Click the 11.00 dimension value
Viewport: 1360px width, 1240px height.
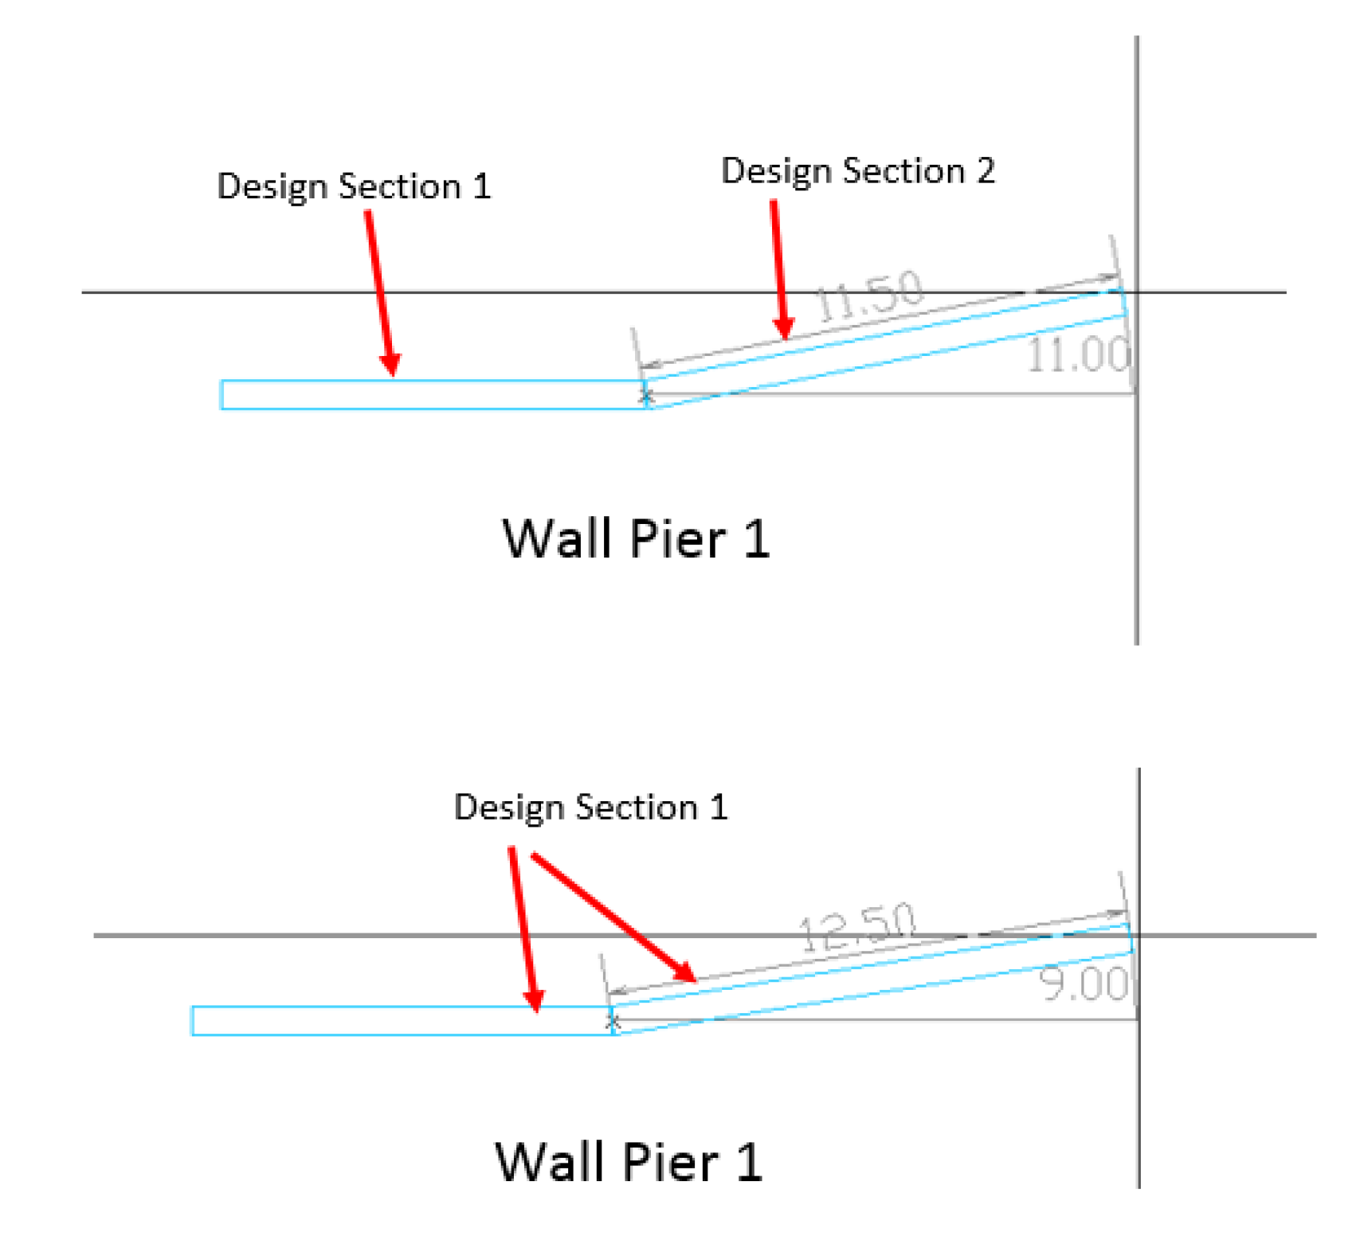(x=1078, y=354)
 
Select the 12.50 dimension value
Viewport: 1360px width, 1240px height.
(x=857, y=927)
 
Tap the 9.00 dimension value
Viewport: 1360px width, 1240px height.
(x=1084, y=984)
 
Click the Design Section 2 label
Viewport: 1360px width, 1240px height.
(x=857, y=171)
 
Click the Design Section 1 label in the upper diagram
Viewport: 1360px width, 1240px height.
(x=354, y=186)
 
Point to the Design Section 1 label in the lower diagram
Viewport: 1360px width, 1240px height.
(x=590, y=808)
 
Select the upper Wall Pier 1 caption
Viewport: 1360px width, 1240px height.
(x=636, y=539)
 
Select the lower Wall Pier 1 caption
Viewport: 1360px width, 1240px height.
(x=629, y=1162)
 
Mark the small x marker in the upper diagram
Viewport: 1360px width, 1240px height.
(x=646, y=396)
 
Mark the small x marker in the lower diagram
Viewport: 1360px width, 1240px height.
(x=612, y=1021)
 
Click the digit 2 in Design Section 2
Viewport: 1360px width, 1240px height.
(x=986, y=171)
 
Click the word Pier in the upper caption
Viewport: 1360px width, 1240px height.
(x=677, y=539)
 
